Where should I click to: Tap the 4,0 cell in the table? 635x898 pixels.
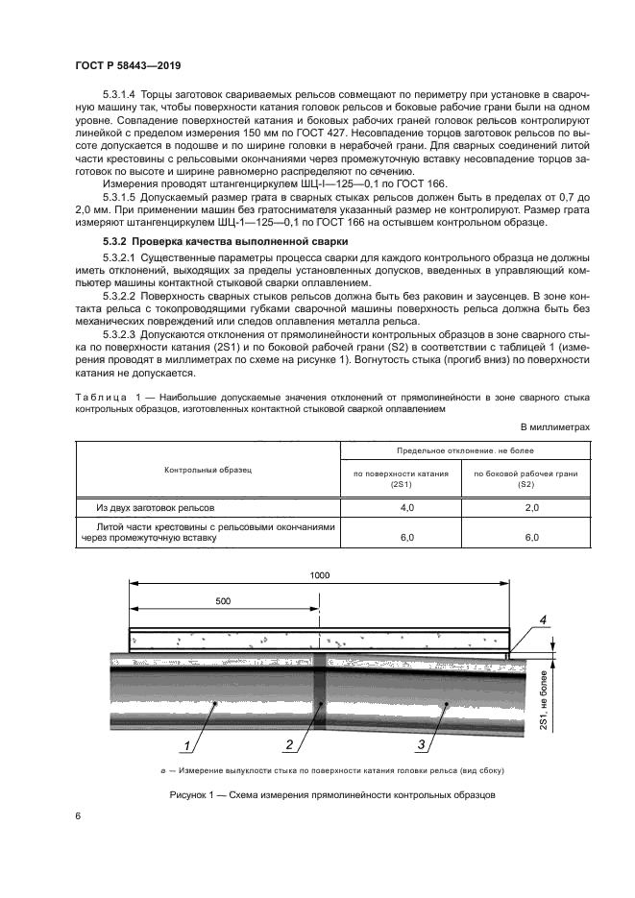(x=406, y=506)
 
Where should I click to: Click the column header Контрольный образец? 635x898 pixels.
(x=208, y=472)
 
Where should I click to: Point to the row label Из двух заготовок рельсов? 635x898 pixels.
(x=156, y=506)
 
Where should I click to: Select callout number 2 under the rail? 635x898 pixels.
(x=288, y=744)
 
